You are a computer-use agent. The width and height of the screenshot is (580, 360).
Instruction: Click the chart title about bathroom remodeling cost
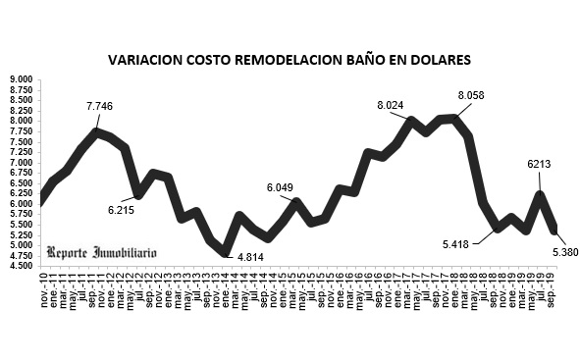tap(290, 61)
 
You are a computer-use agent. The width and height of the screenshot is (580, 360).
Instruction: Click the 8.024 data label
tap(395, 104)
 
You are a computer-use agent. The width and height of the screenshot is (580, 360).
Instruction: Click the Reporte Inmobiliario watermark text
tap(101, 252)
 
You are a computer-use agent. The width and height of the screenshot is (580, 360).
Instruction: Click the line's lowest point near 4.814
tap(226, 252)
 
